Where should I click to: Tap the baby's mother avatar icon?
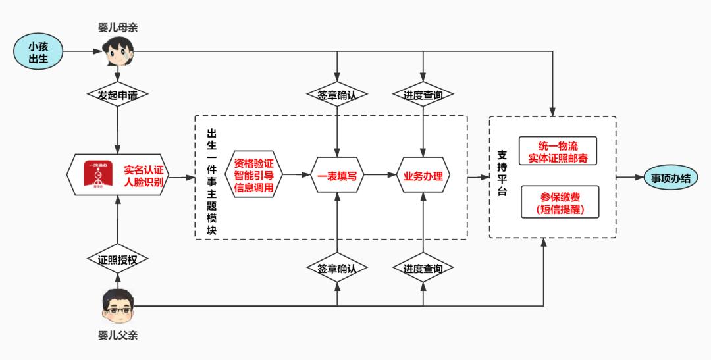pyautogui.click(x=118, y=52)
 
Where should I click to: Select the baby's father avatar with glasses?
pyautogui.click(x=118, y=307)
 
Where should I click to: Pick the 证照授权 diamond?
pyautogui.click(x=118, y=259)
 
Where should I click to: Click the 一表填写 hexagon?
pyautogui.click(x=337, y=177)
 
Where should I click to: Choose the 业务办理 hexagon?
pyautogui.click(x=423, y=177)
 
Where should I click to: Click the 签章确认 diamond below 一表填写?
pyautogui.click(x=337, y=269)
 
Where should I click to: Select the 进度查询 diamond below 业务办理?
pyautogui.click(x=423, y=269)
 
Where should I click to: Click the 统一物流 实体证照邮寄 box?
pyautogui.click(x=558, y=151)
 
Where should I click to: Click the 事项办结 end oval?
pyautogui.click(x=671, y=177)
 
